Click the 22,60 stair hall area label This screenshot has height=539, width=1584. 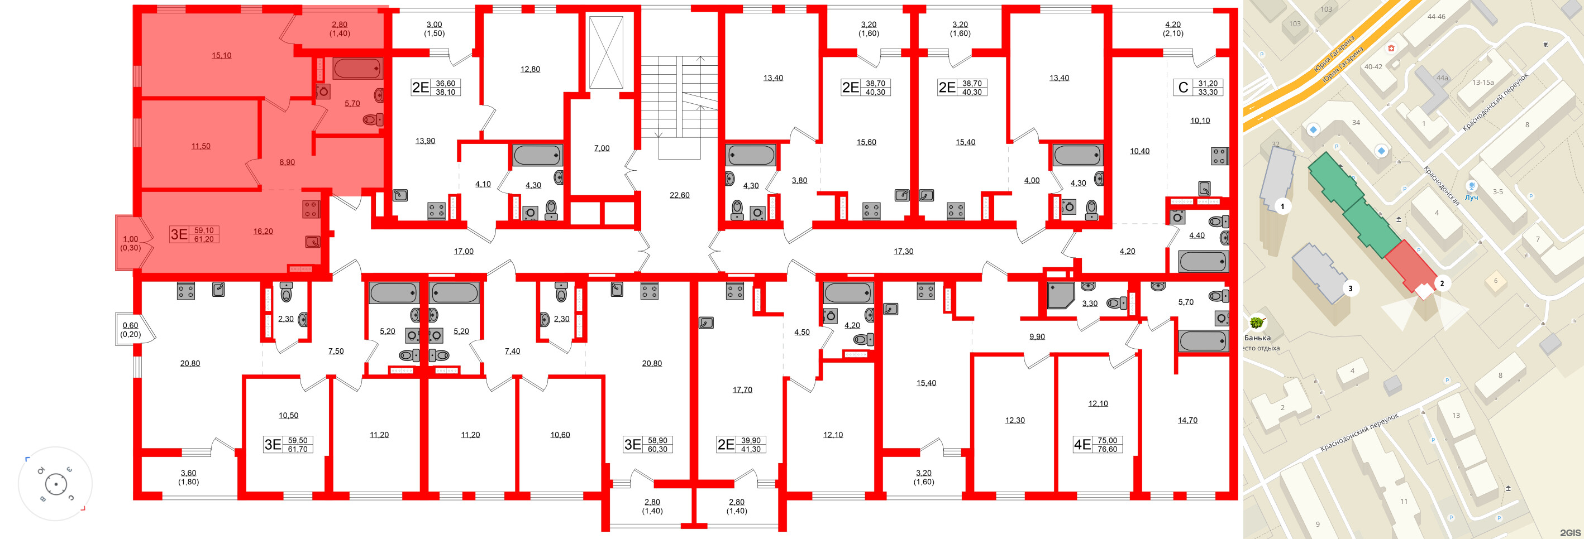[680, 195]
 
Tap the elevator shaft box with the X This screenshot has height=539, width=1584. [605, 52]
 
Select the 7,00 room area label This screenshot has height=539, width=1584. [602, 148]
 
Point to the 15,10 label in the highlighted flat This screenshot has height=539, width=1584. [221, 55]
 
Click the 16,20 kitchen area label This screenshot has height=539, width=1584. [263, 232]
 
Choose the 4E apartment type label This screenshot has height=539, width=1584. [1082, 444]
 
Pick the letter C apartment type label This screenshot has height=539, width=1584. [1183, 88]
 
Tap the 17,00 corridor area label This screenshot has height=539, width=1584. [464, 252]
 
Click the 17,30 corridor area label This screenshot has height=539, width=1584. [903, 252]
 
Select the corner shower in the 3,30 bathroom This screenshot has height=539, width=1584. [1061, 295]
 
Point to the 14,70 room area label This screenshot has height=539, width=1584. [1187, 420]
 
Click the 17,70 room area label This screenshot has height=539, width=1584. [742, 389]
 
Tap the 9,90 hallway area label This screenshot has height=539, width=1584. [1037, 337]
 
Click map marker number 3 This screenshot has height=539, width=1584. [1351, 288]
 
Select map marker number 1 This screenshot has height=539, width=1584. [1282, 206]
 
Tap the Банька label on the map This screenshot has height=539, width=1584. [1257, 338]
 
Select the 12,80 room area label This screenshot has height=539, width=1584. [530, 69]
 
